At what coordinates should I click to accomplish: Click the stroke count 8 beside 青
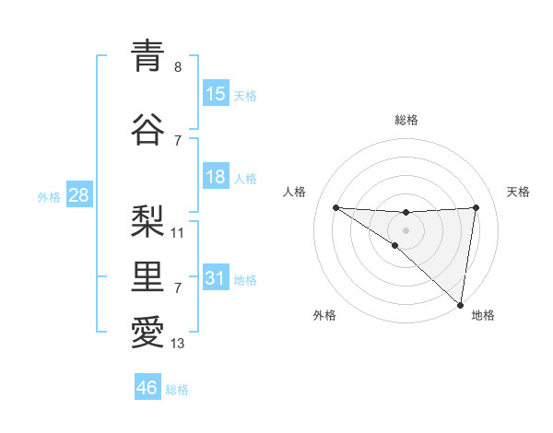178,67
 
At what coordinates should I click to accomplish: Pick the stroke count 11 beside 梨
178,233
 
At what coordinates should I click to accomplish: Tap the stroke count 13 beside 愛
178,344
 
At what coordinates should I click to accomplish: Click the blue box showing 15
216,93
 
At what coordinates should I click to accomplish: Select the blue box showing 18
216,177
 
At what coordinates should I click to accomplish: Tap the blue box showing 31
216,278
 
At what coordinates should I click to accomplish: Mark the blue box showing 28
78,195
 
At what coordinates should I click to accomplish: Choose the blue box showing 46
147,388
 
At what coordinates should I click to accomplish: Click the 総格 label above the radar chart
406,120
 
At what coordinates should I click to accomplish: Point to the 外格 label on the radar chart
324,315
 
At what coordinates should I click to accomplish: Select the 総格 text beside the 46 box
177,390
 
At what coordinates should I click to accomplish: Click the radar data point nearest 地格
461,304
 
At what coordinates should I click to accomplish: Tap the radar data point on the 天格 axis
476,207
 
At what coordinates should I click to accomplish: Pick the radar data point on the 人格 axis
335,207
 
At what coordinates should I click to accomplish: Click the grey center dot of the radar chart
406,229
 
